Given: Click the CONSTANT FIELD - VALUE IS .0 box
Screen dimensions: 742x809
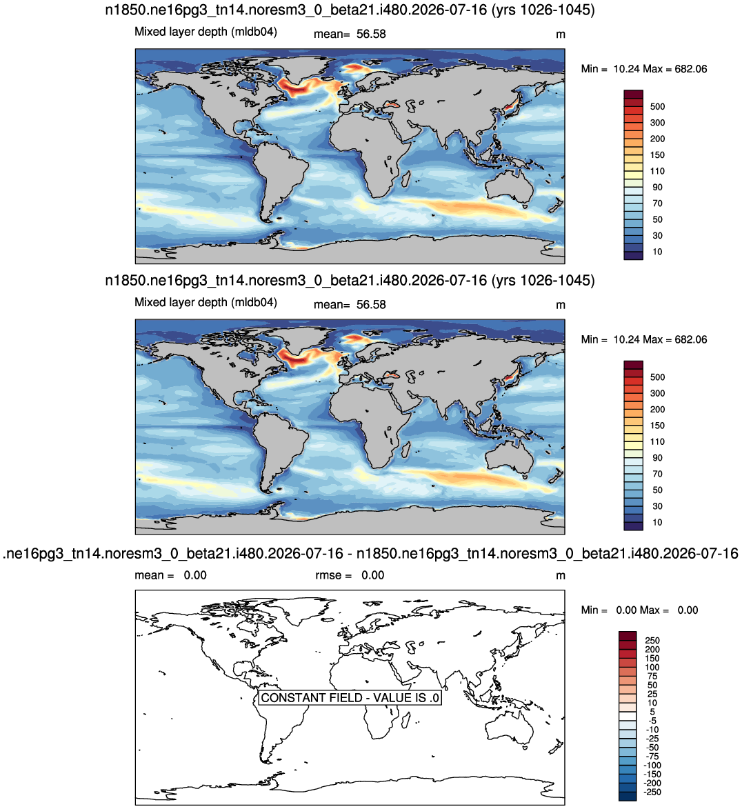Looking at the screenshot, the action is click(350, 697).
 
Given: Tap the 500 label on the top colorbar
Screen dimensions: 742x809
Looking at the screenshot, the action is click(657, 106).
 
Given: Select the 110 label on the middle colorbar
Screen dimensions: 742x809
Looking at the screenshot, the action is click(657, 441).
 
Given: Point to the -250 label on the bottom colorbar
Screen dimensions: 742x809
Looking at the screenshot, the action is click(653, 792).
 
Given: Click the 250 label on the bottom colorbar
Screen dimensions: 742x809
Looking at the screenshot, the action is click(652, 640).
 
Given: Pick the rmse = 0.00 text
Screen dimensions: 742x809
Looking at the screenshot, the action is click(350, 575).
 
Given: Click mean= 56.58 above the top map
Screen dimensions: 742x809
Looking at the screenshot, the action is click(350, 34).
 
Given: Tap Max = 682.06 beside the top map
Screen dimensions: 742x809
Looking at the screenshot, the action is click(674, 69).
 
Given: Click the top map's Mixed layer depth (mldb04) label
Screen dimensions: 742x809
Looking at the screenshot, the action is click(206, 32).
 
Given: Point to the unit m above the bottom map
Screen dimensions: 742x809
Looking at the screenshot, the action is click(561, 576).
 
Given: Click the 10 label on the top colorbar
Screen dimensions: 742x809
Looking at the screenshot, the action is click(657, 252).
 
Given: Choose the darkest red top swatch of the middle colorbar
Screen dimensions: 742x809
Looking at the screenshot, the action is click(634, 365).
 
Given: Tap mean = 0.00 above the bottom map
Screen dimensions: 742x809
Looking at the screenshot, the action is click(171, 575).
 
